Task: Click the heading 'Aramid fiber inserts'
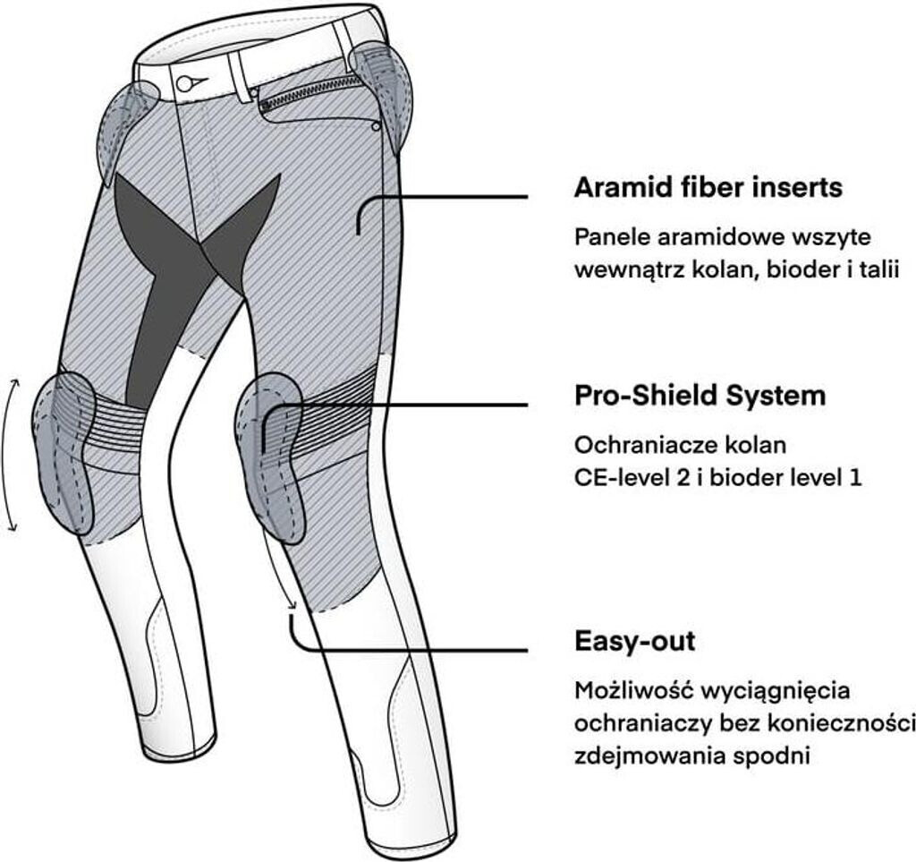[708, 189]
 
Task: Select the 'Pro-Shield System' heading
[700, 396]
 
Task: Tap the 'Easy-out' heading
[634, 642]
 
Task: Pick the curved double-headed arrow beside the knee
[13, 455]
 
